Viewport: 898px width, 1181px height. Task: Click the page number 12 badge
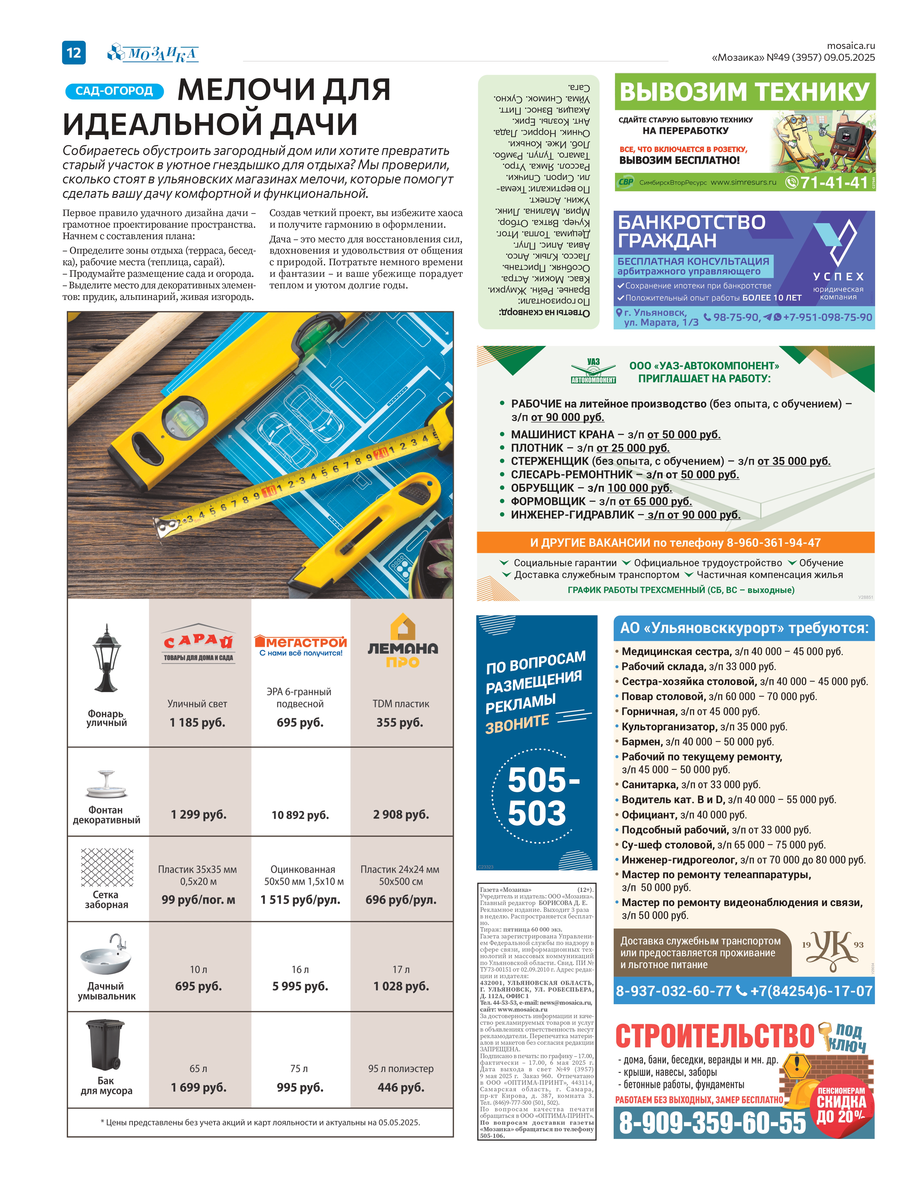tap(74, 52)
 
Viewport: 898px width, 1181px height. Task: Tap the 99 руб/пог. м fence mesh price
tap(198, 900)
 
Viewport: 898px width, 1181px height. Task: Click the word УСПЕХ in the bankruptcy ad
tap(838, 277)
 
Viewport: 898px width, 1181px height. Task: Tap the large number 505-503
tap(540, 797)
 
